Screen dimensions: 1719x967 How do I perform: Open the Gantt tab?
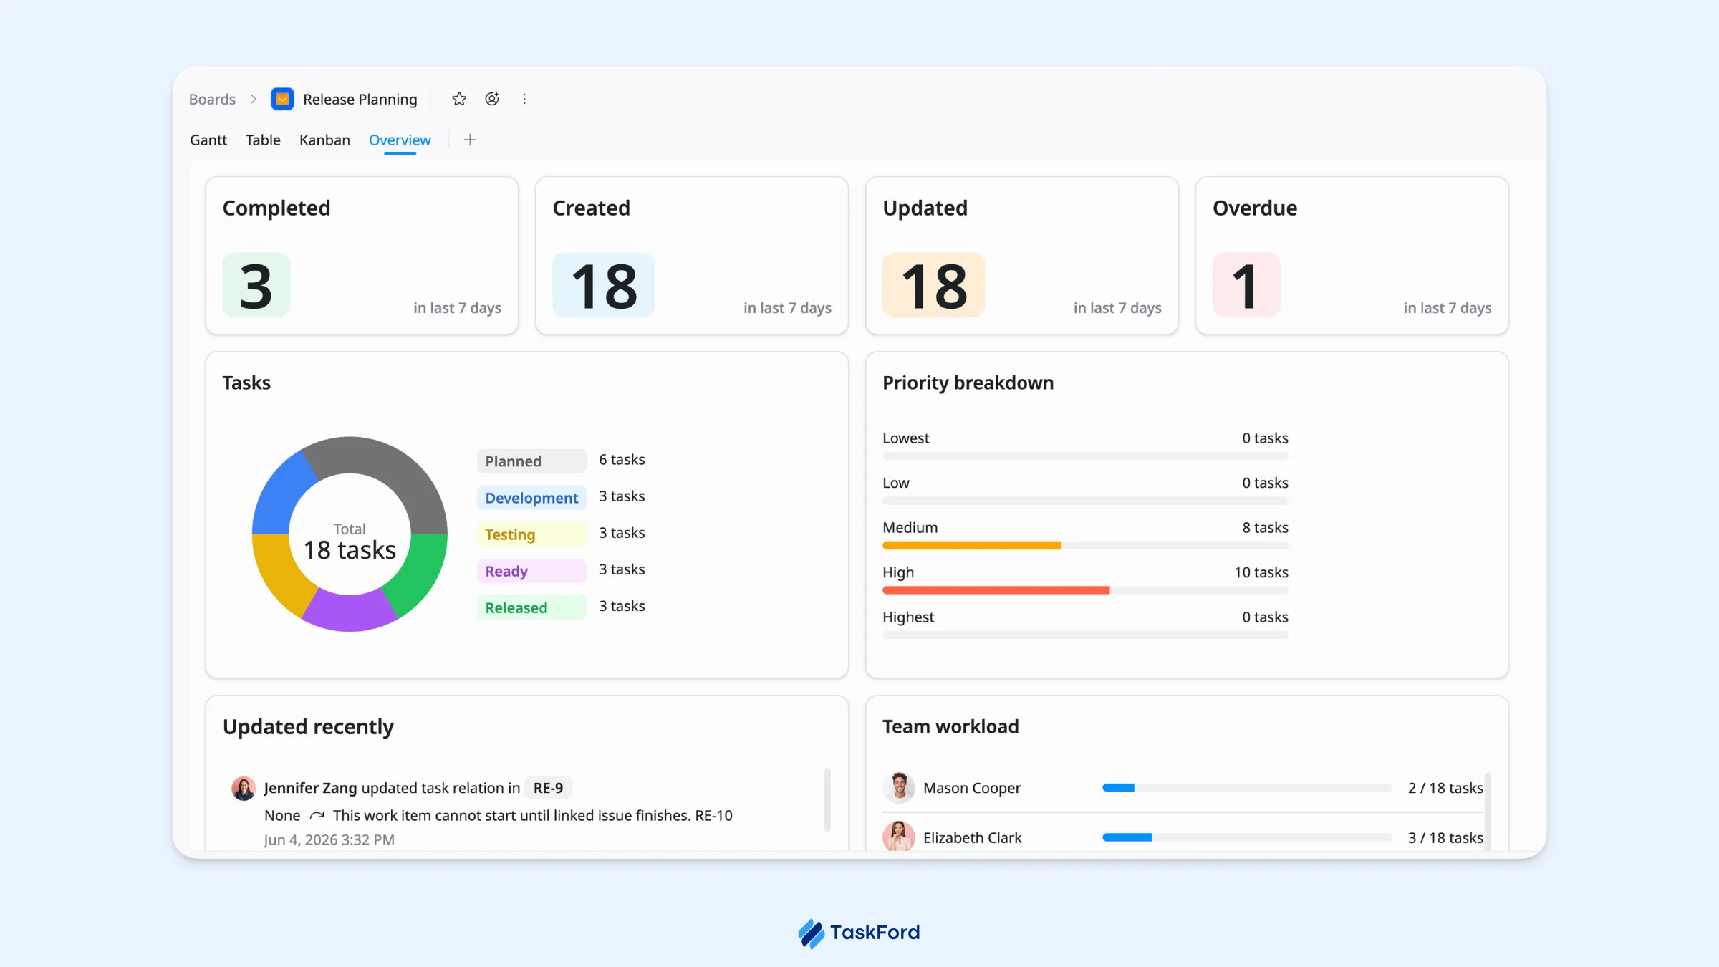(x=208, y=140)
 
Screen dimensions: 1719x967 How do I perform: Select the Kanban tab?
(x=324, y=140)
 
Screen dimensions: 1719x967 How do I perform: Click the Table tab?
(x=263, y=140)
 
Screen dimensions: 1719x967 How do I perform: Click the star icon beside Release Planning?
(x=459, y=99)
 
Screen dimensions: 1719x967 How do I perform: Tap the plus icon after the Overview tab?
(x=470, y=140)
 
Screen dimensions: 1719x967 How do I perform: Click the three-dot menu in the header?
(x=524, y=99)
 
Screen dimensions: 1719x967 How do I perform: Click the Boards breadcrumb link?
(x=212, y=99)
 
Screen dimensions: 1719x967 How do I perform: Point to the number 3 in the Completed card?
(x=256, y=286)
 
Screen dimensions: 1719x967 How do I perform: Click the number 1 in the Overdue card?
(x=1246, y=286)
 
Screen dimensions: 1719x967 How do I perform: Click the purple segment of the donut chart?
(x=350, y=612)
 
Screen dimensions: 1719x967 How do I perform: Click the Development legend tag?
(x=531, y=498)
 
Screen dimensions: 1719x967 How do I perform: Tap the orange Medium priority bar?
(x=972, y=546)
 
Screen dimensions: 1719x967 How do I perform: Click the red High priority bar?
(x=996, y=590)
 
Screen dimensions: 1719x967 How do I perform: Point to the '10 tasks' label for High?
(x=1261, y=572)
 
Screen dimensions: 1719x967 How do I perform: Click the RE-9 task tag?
(x=548, y=788)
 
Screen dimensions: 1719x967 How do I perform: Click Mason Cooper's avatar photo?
(x=899, y=787)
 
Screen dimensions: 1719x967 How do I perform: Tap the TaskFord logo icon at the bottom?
(x=812, y=933)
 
